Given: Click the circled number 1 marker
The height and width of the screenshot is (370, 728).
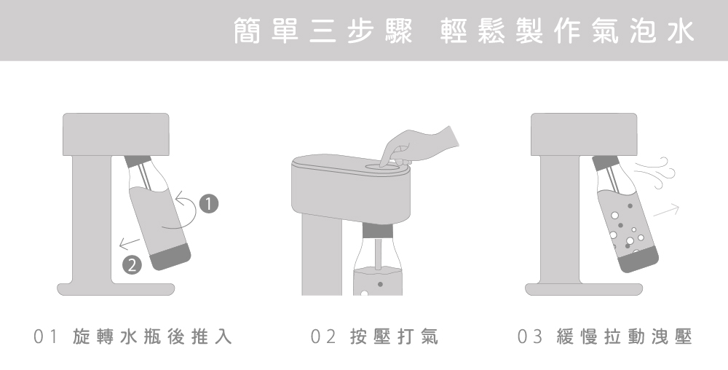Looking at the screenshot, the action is pos(208,203).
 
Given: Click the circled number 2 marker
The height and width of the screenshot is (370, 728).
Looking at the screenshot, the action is pos(132,265).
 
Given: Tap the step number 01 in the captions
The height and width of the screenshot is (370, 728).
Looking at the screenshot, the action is pos(45,336).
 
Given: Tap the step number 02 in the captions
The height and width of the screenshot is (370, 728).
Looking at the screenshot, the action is pos(323,336).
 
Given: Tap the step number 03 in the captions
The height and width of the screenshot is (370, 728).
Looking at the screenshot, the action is pos(530,336).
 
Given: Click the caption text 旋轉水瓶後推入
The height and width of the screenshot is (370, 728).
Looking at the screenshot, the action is pos(152,336).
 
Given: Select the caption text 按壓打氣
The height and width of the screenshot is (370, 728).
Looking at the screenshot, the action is pos(394,336).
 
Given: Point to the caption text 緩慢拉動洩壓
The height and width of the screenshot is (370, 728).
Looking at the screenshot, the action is pos(625,336).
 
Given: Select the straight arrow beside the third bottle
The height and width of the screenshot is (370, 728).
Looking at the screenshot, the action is pos(666,210).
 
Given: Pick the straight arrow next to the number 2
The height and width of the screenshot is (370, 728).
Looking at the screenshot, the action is pos(130,243).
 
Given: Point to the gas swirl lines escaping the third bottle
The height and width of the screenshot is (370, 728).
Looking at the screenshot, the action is pos(656,173).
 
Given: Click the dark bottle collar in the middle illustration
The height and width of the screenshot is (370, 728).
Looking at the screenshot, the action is pos(377,231).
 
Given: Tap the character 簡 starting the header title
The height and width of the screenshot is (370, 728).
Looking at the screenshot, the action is pos(247,31).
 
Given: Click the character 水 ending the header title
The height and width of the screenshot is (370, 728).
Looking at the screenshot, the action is pos(681,31).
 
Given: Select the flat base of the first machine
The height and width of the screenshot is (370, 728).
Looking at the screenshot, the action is pos(116,288).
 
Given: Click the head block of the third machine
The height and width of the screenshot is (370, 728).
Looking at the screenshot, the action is pos(584,134).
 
